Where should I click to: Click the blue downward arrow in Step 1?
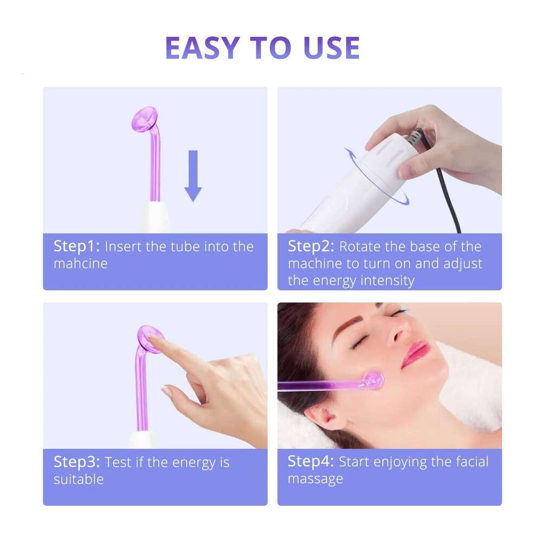[193, 175]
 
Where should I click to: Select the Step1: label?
[76, 247]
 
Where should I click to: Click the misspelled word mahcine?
[80, 264]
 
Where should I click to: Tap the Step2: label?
[311, 247]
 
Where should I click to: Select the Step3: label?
[76, 462]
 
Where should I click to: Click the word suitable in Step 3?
[78, 480]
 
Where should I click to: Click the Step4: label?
[311, 462]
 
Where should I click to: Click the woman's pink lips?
[416, 353]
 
